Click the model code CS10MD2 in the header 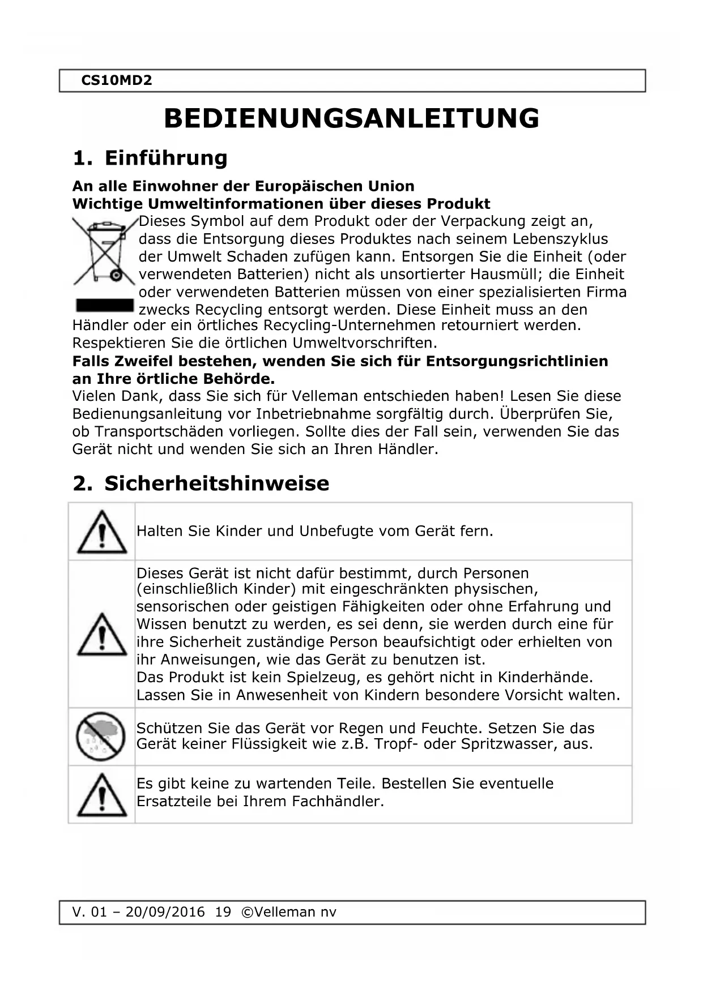tap(117, 80)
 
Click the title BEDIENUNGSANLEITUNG tap(351, 119)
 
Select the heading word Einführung tap(166, 158)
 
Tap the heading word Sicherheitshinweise tap(216, 483)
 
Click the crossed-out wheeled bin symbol tap(104, 252)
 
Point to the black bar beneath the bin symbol tap(105, 306)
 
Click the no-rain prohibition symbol tap(101, 737)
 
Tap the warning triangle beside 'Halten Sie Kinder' tap(101, 532)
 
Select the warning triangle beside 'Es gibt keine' tap(101, 795)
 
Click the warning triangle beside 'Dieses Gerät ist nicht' tap(101, 635)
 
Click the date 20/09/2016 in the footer tap(165, 912)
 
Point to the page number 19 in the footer tap(223, 912)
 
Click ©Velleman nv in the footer tap(288, 912)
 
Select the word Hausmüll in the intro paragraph tap(503, 275)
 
